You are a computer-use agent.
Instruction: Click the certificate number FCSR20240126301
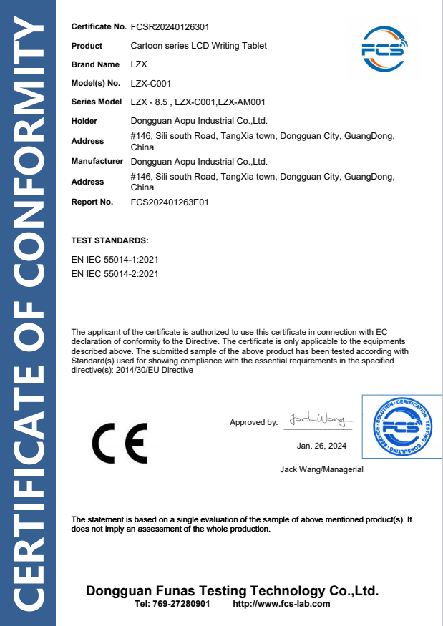170,27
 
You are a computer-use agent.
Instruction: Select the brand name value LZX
139,64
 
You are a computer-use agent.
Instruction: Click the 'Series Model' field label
97,102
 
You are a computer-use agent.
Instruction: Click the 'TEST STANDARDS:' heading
110,240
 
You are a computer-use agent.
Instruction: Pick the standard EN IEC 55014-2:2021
115,273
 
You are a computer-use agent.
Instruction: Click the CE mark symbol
120,444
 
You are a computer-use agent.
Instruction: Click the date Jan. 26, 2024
321,446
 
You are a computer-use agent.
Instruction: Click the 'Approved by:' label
253,422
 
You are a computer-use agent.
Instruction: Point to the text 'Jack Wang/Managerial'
321,469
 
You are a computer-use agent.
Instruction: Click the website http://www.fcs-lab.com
282,604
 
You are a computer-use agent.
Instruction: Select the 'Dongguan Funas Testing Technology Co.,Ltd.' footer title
232,591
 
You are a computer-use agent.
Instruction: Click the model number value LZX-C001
150,83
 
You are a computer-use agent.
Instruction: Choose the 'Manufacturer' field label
97,162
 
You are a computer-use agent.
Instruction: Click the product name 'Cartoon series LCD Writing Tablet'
199,46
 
